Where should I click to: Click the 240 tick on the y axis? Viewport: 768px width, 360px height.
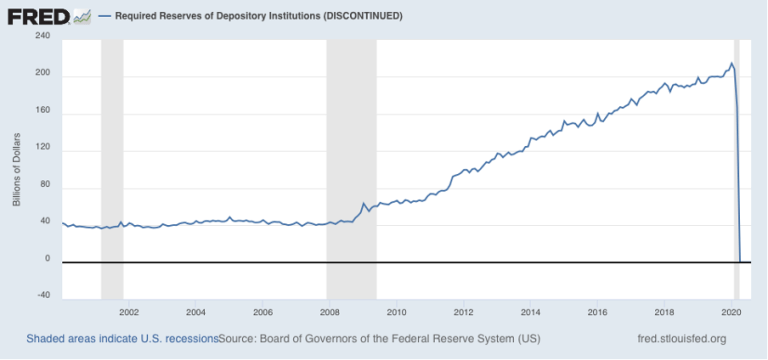pyautogui.click(x=42, y=36)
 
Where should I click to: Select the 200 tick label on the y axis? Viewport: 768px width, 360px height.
pyautogui.click(x=42, y=75)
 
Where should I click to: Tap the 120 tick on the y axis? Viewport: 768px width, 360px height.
pyautogui.click(x=42, y=150)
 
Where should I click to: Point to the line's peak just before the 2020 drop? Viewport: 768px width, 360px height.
pyautogui.click(x=732, y=64)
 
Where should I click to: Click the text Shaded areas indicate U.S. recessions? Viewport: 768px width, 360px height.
pyautogui.click(x=122, y=339)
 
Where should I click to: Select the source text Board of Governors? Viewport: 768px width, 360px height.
pyautogui.click(x=316, y=339)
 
